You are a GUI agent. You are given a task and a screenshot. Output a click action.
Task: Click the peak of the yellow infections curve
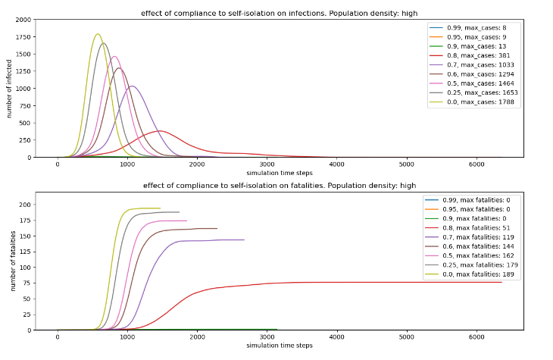point(98,34)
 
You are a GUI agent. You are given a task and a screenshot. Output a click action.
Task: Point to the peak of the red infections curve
point(160,131)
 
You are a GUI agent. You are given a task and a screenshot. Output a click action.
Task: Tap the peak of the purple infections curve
point(132,86)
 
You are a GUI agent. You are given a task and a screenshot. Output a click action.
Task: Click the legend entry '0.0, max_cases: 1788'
point(471,102)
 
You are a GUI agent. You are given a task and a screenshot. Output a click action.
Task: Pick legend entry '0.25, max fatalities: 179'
point(471,265)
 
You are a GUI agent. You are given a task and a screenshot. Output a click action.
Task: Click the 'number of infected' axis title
point(9,89)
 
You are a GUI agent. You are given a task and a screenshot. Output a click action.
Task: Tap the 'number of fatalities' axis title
point(13,261)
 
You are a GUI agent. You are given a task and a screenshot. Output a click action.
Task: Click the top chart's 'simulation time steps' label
point(280,173)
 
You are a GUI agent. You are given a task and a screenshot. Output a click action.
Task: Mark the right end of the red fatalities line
point(501,283)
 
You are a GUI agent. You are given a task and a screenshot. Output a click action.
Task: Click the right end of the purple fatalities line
point(244,240)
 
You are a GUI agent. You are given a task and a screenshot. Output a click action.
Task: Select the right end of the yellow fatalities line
point(160,208)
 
